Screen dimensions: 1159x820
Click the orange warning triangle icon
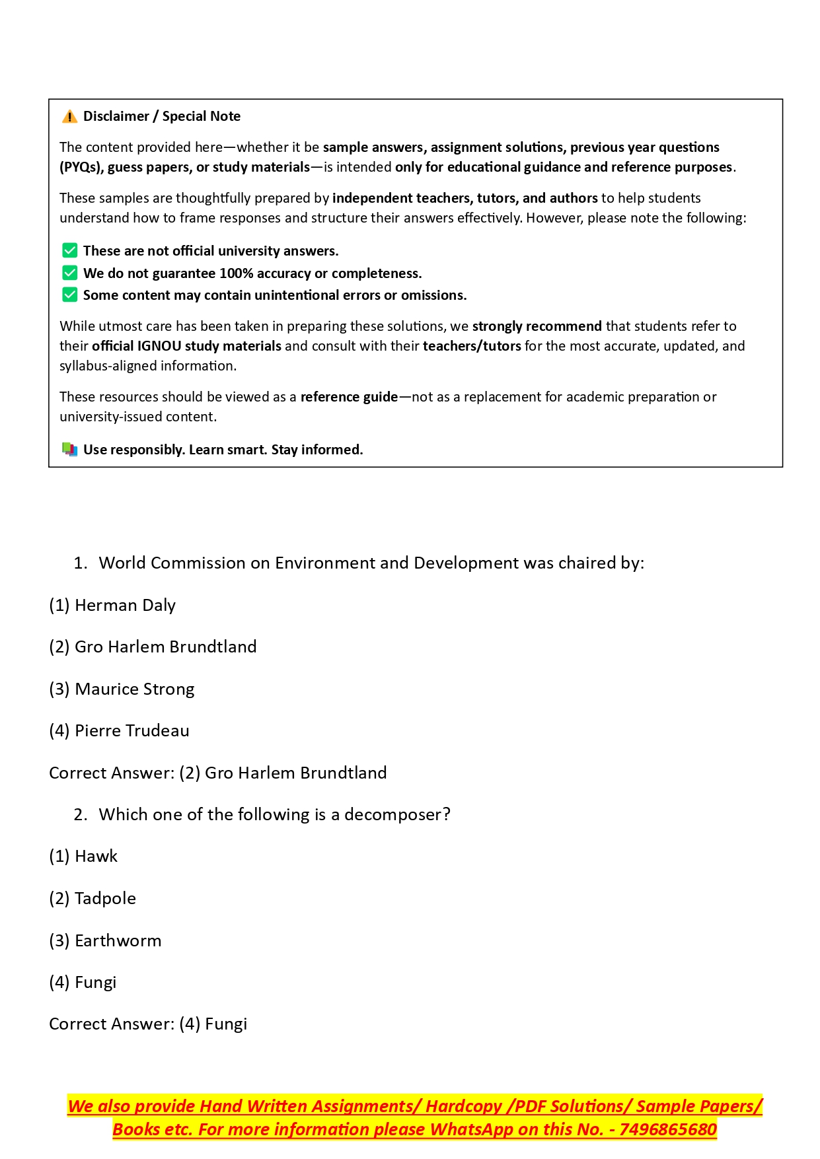69,117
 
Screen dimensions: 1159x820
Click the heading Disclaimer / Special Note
162,116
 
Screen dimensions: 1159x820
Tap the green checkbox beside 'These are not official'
69,250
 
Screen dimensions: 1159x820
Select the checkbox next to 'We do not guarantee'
69,273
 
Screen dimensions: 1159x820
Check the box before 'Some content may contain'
69,295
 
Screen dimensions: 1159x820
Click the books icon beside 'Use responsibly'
69,450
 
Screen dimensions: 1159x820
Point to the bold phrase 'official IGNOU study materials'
187,346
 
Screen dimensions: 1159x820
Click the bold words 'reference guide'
349,397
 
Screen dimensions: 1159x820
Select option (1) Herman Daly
112,605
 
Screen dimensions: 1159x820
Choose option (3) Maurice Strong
122,689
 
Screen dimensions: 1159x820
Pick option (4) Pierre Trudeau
119,730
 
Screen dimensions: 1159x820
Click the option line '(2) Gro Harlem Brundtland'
153,647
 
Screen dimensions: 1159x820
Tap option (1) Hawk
83,856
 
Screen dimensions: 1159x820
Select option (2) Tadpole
93,898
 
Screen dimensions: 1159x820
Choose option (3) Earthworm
105,940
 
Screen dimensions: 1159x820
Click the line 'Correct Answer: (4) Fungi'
148,1024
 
